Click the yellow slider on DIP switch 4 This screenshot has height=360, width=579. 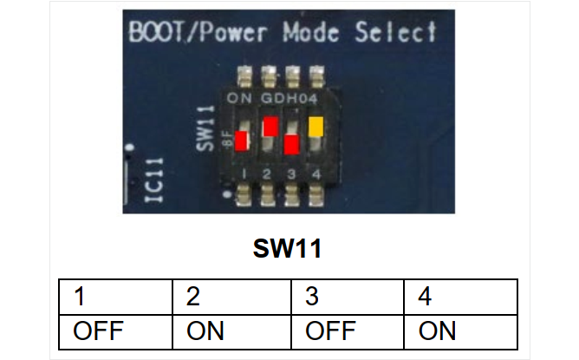316,127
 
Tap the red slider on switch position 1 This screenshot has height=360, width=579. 242,141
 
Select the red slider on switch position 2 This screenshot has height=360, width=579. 270,127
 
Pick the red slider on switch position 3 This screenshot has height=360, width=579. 292,144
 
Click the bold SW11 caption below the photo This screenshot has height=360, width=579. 287,248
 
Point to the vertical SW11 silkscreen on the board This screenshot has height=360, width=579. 205,128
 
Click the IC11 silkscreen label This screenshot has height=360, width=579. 154,180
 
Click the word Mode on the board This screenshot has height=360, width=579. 311,32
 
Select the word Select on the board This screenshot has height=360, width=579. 395,32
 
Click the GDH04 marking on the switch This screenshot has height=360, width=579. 289,98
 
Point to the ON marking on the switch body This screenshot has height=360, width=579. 239,98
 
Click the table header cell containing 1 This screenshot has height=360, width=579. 115,297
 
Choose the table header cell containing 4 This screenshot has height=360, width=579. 461,297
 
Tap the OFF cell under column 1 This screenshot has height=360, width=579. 115,331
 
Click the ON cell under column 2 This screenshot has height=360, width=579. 232,331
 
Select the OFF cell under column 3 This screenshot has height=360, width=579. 348,331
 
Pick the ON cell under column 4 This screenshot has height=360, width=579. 461,331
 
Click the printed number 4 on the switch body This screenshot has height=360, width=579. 316,174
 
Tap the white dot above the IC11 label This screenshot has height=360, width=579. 129,147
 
